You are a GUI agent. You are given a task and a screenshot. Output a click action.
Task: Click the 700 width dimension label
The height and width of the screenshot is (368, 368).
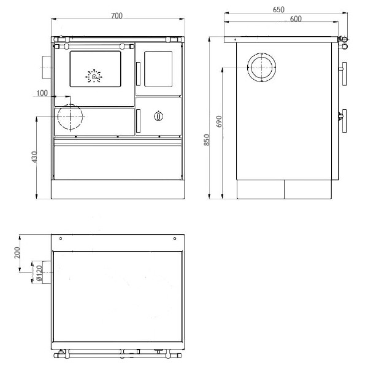(116, 15)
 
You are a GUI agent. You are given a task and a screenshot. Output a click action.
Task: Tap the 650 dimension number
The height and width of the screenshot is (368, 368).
(278, 9)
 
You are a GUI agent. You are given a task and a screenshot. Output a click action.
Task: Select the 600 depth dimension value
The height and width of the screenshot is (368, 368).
(295, 19)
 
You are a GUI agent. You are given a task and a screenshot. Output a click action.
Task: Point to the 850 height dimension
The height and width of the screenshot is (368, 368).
(207, 140)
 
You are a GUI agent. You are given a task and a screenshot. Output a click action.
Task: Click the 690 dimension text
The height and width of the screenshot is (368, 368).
(219, 121)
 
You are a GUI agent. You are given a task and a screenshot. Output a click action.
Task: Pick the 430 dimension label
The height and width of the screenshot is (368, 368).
(35, 157)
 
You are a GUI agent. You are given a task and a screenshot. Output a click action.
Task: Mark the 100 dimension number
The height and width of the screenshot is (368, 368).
(42, 93)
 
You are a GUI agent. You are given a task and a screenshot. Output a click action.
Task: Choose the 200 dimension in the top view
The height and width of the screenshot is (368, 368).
(17, 252)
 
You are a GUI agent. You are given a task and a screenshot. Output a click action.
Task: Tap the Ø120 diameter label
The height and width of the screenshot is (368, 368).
(39, 274)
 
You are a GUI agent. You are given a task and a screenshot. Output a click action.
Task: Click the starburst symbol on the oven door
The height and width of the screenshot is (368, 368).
(94, 77)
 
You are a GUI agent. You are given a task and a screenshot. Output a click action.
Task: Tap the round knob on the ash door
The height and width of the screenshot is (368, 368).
(159, 115)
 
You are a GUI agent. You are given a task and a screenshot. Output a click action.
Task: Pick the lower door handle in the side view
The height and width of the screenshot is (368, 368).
(345, 119)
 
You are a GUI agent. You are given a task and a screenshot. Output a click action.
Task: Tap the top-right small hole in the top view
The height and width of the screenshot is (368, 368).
(175, 238)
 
